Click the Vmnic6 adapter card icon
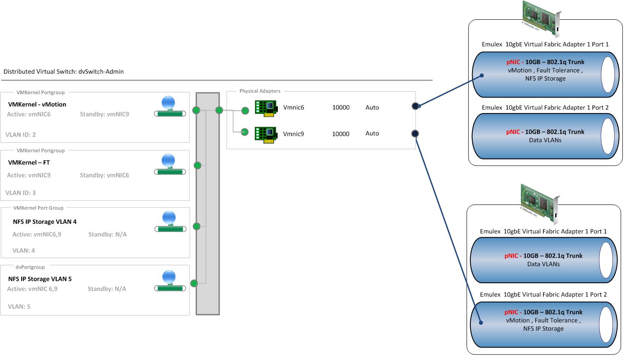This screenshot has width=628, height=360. (x=265, y=108)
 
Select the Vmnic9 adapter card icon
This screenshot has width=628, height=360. (x=265, y=134)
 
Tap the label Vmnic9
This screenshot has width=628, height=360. (x=293, y=134)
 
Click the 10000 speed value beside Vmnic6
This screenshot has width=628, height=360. (x=341, y=107)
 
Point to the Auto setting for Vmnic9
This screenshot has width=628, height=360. (x=372, y=134)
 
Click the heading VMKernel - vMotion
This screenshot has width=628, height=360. (x=37, y=104)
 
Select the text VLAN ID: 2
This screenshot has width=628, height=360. (x=21, y=134)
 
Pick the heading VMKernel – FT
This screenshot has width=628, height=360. (x=29, y=162)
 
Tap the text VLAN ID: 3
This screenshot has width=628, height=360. (x=21, y=192)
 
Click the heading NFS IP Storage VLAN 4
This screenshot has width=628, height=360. (x=45, y=222)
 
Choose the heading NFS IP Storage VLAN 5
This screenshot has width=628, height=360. (x=40, y=279)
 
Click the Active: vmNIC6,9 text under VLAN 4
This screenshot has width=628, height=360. (x=37, y=234)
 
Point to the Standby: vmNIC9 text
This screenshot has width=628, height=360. (x=104, y=114)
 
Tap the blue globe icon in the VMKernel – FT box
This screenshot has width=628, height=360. (x=168, y=161)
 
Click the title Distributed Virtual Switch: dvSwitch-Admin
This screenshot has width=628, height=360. (x=64, y=72)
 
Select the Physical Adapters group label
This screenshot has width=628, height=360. (x=260, y=91)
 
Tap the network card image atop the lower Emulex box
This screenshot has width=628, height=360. (x=540, y=203)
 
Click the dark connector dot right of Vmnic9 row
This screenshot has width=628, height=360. (x=415, y=134)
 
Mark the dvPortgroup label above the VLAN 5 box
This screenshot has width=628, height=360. (x=30, y=267)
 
